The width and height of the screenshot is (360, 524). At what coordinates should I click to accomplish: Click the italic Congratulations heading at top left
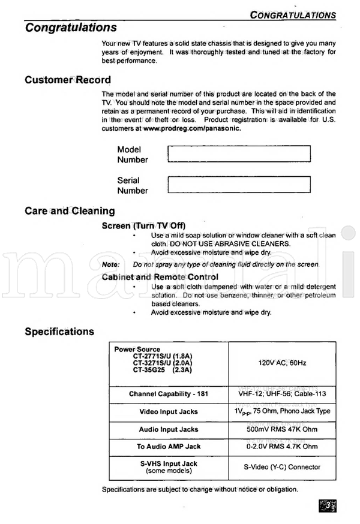(71, 28)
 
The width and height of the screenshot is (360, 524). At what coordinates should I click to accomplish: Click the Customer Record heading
(68, 80)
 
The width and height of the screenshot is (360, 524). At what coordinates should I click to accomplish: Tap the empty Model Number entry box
(239, 154)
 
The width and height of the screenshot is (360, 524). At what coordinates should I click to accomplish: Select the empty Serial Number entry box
(239, 185)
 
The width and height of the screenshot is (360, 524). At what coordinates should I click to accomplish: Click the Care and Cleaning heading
(70, 211)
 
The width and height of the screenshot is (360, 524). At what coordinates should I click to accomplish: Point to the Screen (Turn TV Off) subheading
(143, 225)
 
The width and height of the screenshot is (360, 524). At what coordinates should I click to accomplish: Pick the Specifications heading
(59, 332)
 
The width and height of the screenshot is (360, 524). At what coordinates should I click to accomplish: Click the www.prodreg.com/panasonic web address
(192, 128)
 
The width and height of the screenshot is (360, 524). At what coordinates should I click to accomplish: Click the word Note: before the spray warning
(110, 264)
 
